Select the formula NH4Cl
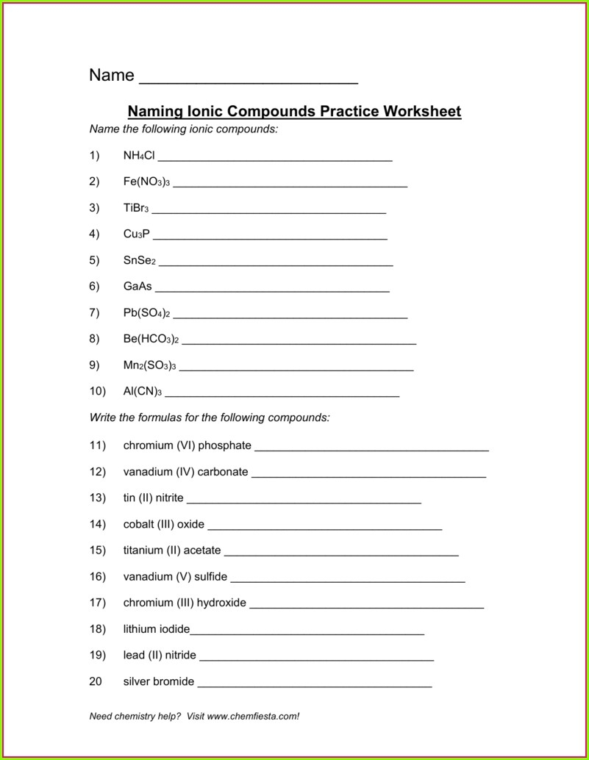click(x=139, y=155)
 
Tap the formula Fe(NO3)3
click(x=146, y=182)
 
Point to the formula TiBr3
click(x=136, y=208)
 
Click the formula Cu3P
click(x=136, y=234)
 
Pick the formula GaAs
click(x=138, y=287)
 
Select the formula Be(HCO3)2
click(x=151, y=340)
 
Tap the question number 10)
click(x=98, y=391)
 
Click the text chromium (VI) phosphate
click(x=187, y=445)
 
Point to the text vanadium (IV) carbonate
click(x=185, y=472)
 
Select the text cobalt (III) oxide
click(x=163, y=525)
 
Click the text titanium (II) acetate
click(x=171, y=551)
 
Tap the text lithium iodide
click(x=156, y=629)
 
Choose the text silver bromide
click(x=158, y=681)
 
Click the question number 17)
click(x=98, y=603)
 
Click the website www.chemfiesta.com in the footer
click(x=253, y=716)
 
